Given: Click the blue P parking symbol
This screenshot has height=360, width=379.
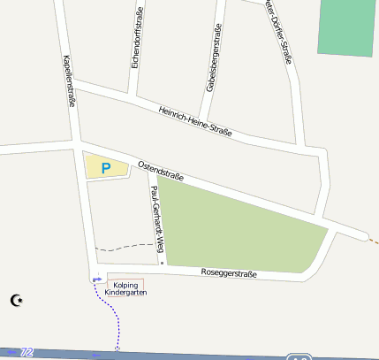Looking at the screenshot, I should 106,167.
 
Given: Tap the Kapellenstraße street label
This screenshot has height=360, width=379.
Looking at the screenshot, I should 69,80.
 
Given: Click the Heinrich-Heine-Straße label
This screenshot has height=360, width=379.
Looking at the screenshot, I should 195,121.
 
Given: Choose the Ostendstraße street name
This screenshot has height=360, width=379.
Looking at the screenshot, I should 160,170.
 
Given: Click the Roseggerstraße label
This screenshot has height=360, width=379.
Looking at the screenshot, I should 229,273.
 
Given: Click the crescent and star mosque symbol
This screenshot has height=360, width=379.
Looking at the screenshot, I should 16,300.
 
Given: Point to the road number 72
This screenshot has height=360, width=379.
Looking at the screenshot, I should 27,352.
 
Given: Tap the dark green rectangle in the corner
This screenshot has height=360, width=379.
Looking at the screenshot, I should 346,27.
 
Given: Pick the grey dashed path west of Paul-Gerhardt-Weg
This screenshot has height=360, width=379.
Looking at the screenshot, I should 124,245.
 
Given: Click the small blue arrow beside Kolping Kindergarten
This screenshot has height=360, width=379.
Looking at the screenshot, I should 98,279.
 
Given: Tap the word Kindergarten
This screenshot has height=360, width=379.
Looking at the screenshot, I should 125,292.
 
